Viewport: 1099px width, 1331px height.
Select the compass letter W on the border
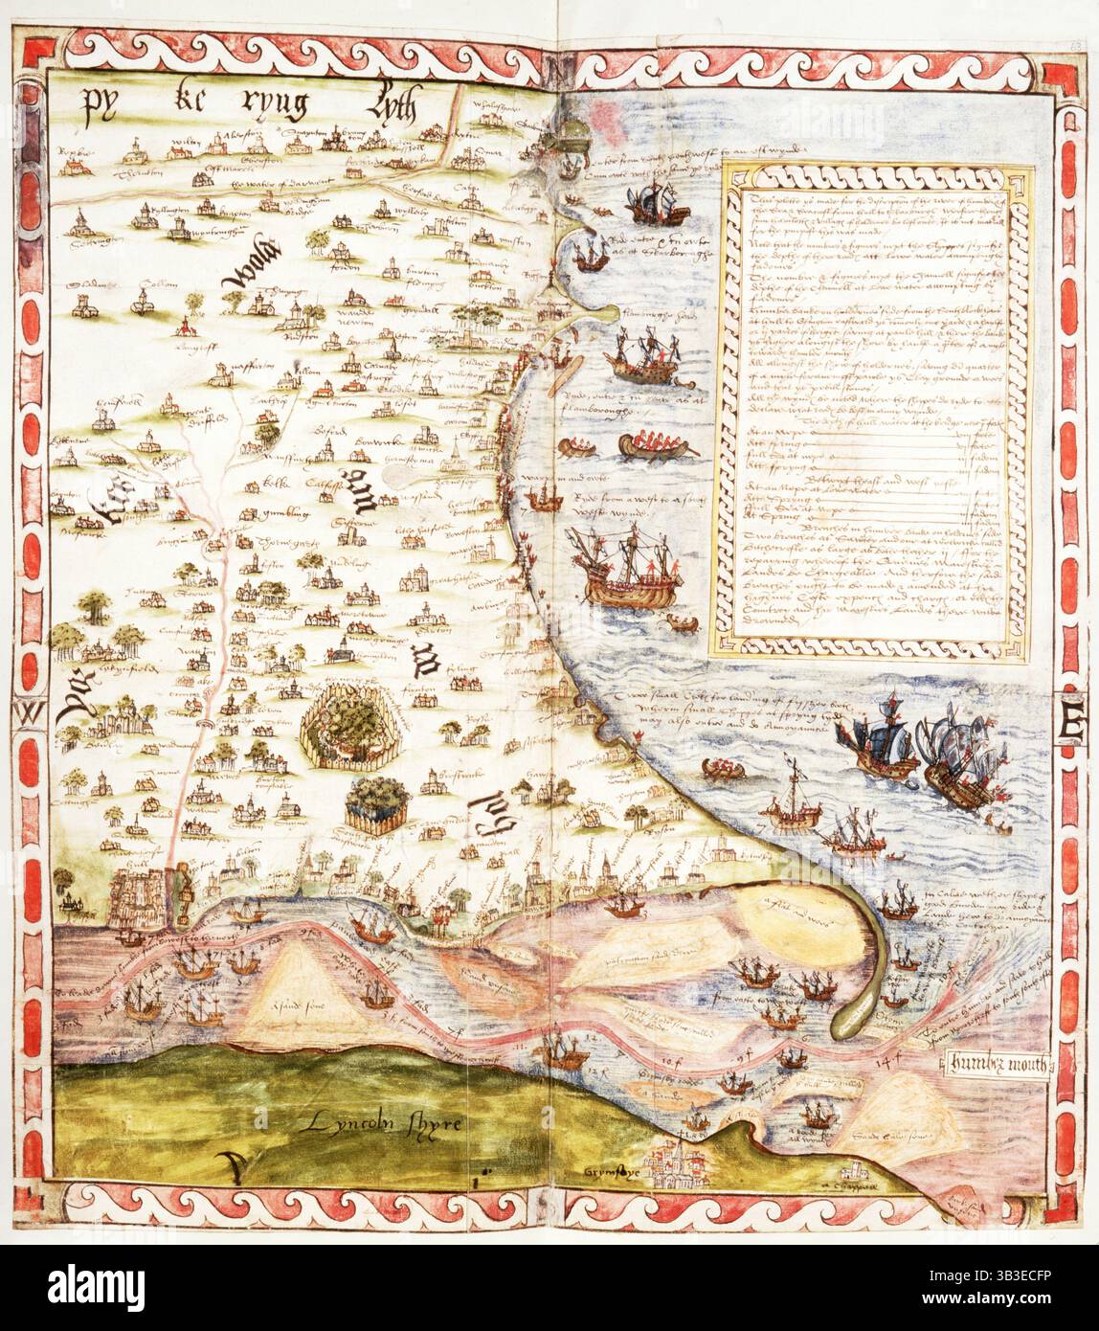[27, 713]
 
